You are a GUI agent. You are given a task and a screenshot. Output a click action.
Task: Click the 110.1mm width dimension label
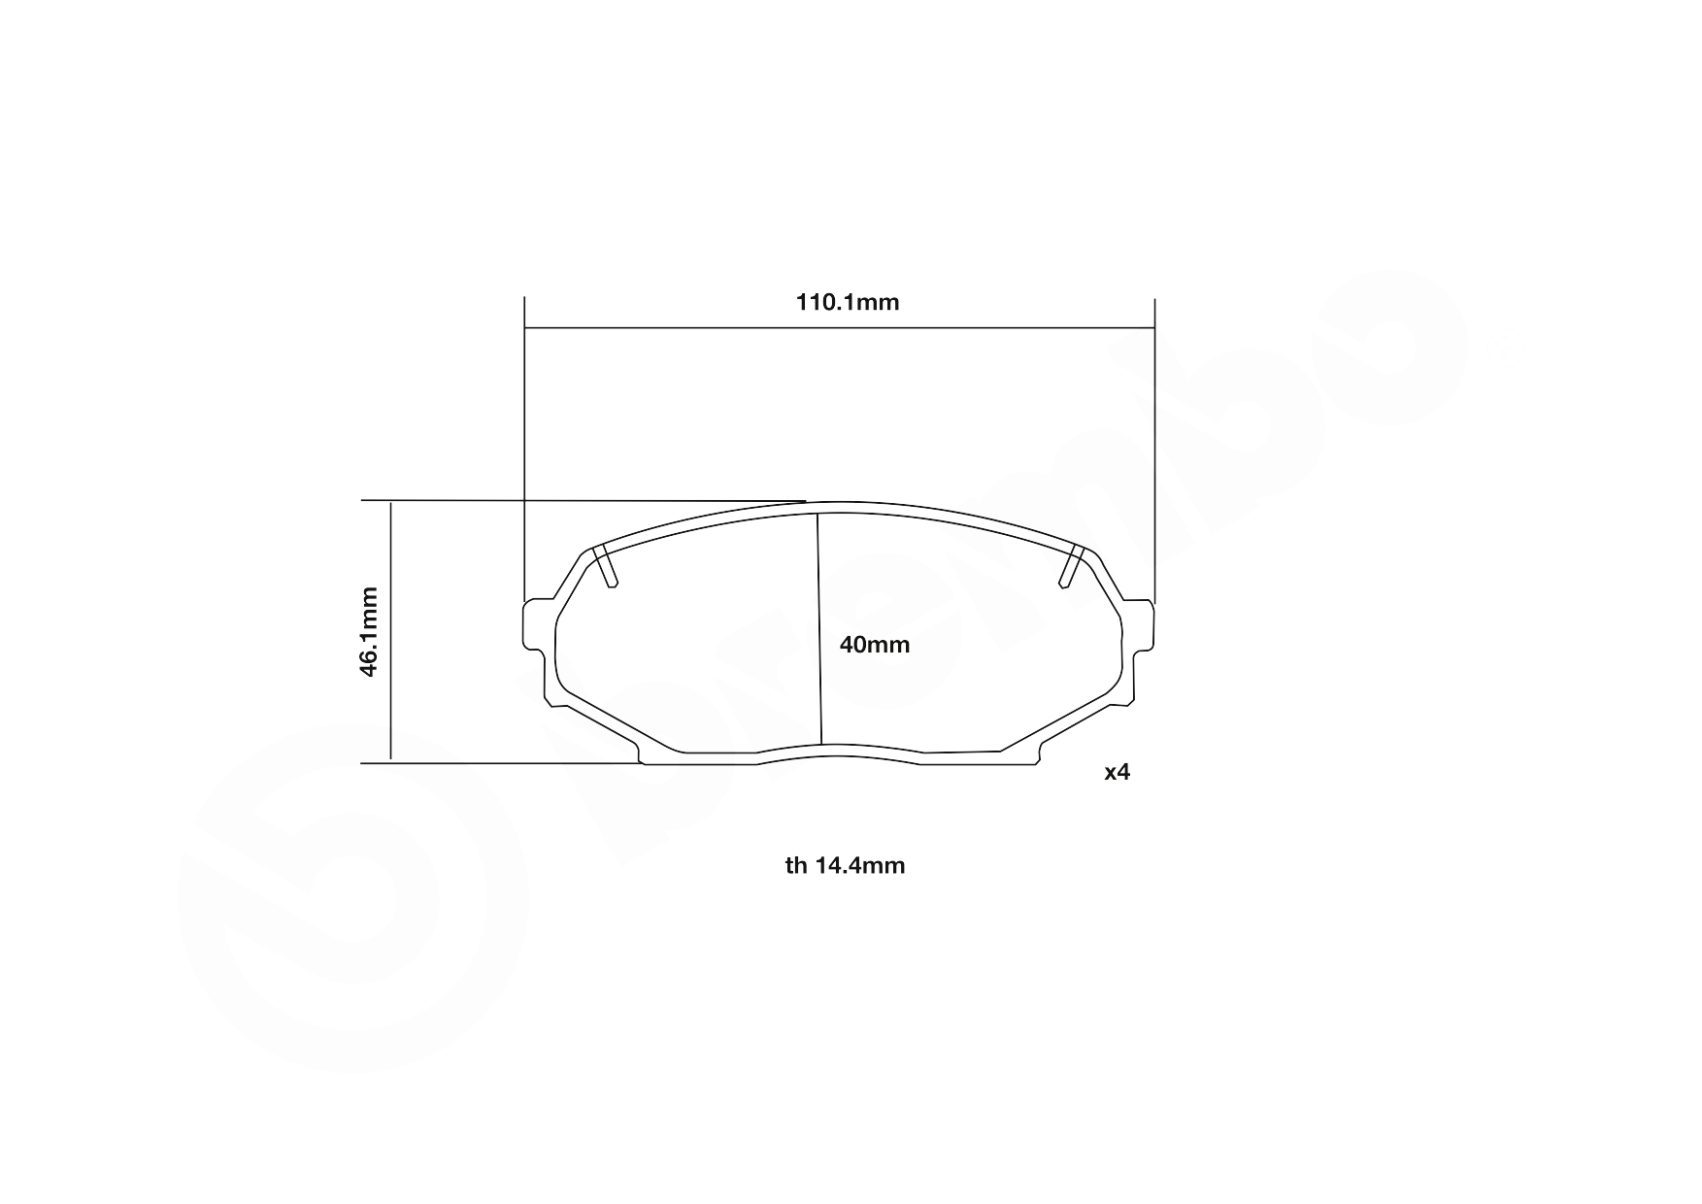click(x=848, y=302)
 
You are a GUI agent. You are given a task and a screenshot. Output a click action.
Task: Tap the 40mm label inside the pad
click(x=875, y=645)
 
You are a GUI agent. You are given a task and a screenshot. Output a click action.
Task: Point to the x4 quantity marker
click(x=1118, y=772)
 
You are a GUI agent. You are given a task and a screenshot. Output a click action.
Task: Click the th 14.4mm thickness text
click(x=845, y=865)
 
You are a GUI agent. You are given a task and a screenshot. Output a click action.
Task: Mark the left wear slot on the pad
click(x=606, y=567)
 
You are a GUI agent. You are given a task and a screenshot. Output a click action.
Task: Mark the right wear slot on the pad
click(x=1070, y=567)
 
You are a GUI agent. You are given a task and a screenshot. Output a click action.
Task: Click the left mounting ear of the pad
click(x=533, y=625)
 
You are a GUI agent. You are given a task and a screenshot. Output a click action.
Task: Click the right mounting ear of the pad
click(x=1145, y=625)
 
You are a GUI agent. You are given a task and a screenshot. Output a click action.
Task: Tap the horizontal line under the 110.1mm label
click(x=839, y=328)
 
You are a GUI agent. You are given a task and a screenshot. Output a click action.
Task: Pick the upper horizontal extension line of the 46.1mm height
click(x=583, y=501)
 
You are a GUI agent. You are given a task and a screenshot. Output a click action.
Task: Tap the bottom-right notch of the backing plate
click(x=1039, y=752)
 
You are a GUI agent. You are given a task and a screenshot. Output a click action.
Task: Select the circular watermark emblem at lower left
click(x=350, y=898)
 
